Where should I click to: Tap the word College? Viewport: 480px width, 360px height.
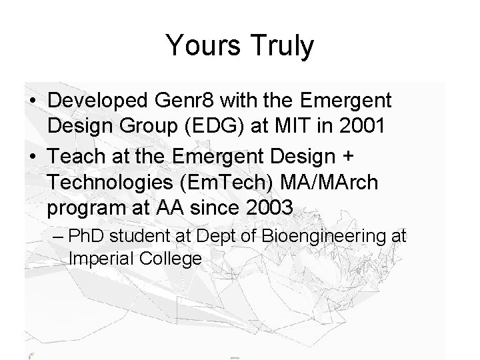173,259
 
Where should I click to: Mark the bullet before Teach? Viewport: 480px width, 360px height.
33,156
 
